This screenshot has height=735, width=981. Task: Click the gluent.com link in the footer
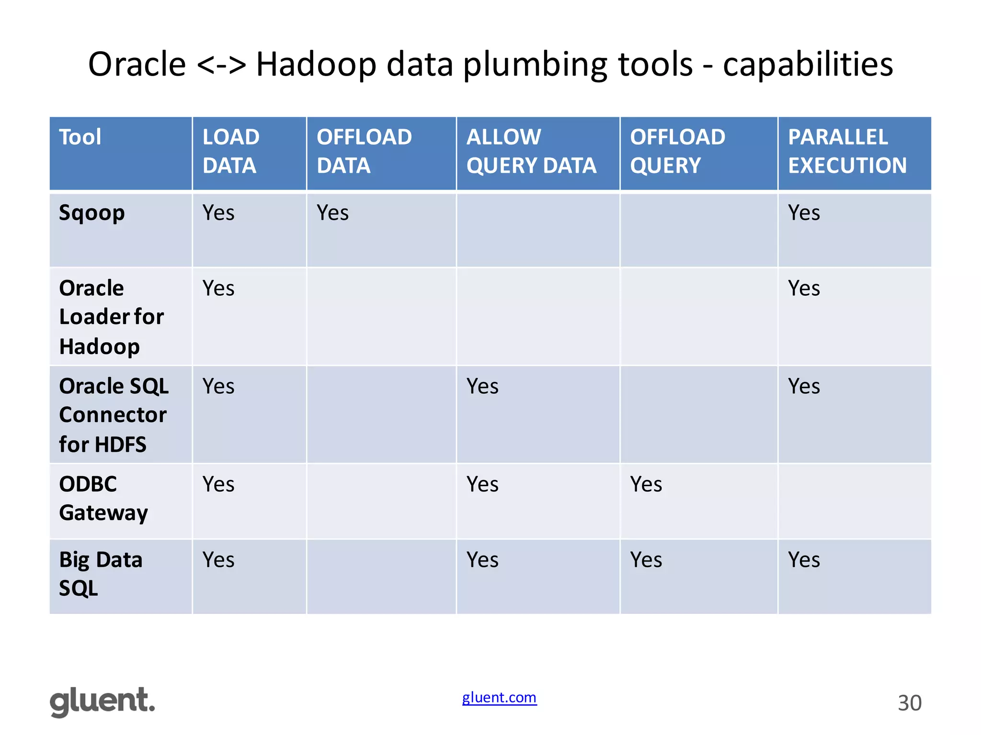(499, 698)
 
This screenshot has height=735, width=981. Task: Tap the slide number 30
(909, 703)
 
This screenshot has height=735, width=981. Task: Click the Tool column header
(80, 137)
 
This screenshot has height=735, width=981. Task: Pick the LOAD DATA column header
(230, 151)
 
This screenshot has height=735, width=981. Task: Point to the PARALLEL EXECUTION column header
(847, 151)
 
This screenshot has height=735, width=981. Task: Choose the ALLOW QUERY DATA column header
(531, 151)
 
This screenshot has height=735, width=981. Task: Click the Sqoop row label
(91, 213)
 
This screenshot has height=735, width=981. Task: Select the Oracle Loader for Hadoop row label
(111, 317)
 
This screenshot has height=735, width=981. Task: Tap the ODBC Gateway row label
(103, 499)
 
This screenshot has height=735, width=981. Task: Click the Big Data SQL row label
(101, 574)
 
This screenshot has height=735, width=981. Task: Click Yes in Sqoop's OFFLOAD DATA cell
(332, 213)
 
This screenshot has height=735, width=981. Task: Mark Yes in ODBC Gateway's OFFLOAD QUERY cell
(646, 484)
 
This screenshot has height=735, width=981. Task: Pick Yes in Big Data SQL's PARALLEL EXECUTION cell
(804, 560)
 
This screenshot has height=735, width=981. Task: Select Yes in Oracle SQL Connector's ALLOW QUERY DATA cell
(482, 386)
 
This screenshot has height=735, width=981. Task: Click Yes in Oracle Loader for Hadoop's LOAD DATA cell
(218, 289)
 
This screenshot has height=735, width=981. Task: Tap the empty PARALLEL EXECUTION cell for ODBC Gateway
(854, 501)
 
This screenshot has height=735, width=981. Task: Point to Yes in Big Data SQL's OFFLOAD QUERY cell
(646, 560)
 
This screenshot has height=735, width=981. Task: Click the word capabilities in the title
(808, 65)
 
